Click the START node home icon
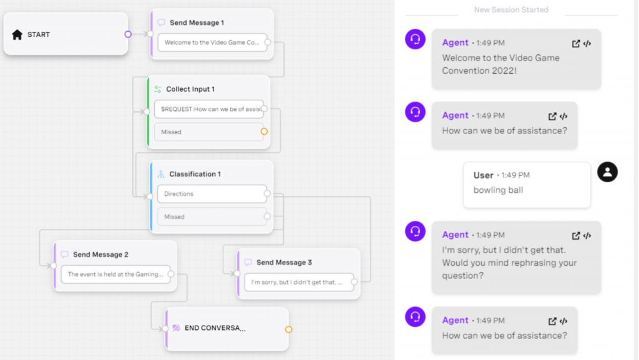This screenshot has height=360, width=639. [17, 35]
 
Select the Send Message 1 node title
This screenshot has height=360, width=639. [197, 22]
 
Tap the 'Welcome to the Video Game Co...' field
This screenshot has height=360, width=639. [212, 42]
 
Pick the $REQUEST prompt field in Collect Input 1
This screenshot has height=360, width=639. [209, 109]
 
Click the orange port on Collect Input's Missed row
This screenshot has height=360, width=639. [264, 132]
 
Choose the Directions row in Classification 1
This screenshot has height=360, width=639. [212, 194]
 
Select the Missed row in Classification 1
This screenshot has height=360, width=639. [212, 216]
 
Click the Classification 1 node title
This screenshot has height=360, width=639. [195, 174]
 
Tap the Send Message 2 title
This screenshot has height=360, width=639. [100, 255]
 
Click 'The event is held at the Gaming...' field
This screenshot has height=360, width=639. [115, 274]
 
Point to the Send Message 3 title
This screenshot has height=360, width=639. [284, 263]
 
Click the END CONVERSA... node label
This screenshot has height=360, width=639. [215, 328]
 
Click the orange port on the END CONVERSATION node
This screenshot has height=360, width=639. [288, 329]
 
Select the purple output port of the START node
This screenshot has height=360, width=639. [128, 34]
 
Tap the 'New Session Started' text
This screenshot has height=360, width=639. [511, 10]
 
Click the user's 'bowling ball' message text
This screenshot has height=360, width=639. [498, 190]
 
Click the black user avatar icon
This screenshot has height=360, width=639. [607, 172]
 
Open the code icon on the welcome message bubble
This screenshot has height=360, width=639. [587, 44]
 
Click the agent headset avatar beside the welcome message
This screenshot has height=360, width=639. [415, 39]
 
